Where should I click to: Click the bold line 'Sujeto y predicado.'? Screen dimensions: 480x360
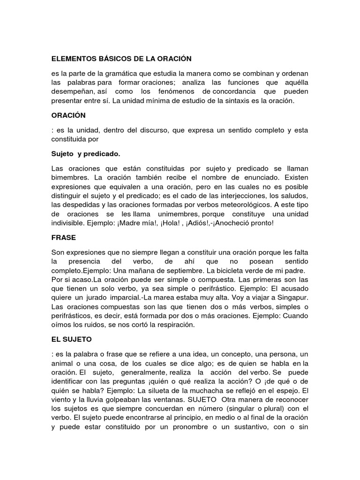(x=85, y=153)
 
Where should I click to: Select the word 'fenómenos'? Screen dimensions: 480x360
(x=172, y=91)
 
